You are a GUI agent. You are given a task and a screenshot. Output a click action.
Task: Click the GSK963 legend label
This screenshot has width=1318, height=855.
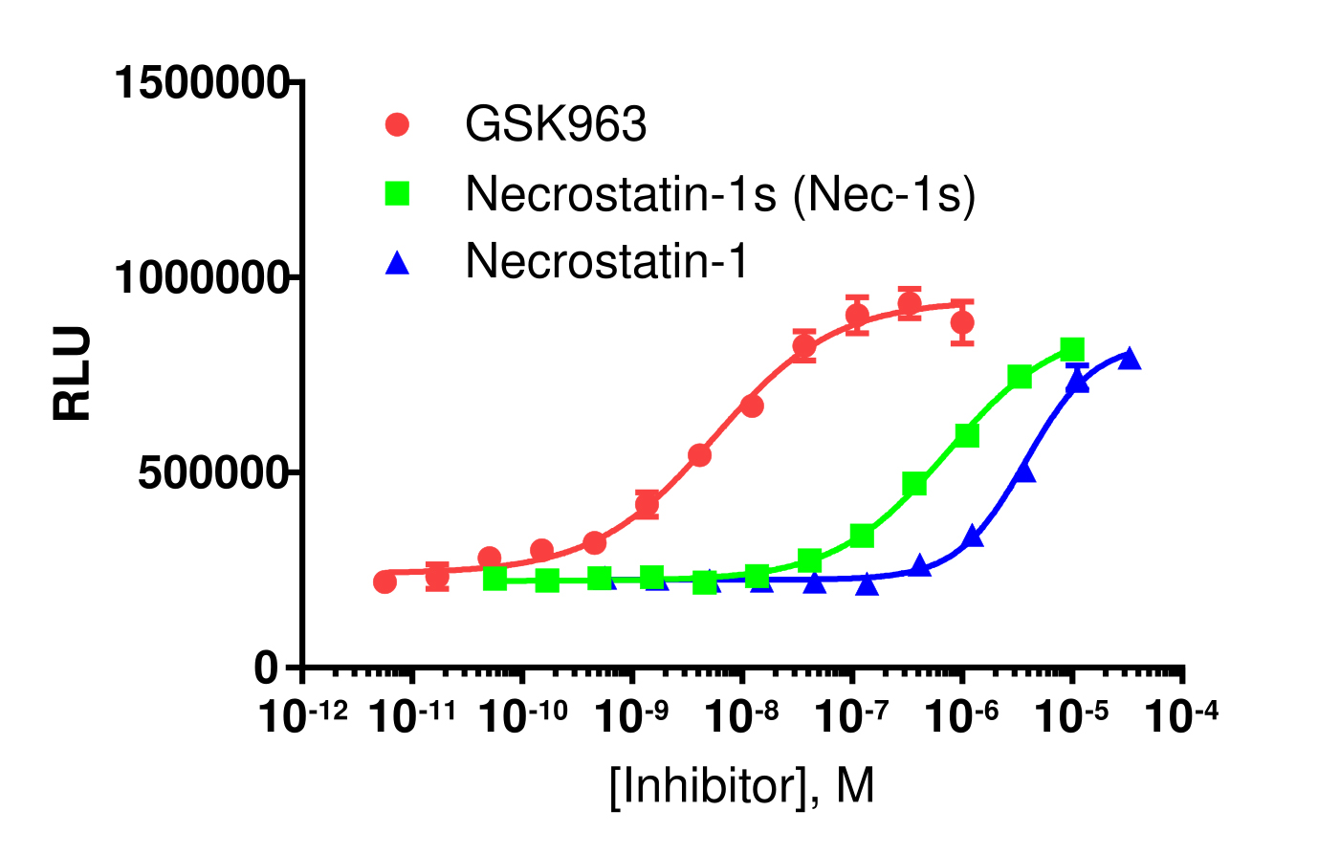556,124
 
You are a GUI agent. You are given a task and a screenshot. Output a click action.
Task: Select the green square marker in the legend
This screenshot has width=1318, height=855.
396,194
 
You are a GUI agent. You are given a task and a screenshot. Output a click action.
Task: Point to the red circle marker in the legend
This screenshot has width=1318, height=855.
396,124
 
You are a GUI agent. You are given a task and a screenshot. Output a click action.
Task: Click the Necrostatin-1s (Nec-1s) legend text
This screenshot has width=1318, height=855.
720,194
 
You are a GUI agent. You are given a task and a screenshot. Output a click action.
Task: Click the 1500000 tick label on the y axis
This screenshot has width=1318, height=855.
201,83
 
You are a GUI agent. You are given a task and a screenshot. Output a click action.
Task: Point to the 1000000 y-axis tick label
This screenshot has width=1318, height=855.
201,278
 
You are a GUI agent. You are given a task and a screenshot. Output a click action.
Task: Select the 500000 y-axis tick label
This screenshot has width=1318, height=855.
213,473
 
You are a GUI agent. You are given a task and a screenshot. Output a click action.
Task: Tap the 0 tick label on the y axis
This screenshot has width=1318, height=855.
267,669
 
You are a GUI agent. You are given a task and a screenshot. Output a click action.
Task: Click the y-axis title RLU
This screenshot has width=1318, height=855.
73,374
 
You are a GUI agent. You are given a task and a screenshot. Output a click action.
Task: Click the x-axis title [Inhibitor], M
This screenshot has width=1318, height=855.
741,787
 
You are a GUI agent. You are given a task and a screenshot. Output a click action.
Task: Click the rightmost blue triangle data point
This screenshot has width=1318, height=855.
1129,359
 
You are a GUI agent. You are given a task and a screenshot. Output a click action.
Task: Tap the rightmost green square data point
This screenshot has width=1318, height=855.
1072,349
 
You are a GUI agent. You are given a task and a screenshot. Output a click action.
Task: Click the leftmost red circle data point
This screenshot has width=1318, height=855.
384,581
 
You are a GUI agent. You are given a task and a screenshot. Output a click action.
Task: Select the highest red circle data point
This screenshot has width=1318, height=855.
910,305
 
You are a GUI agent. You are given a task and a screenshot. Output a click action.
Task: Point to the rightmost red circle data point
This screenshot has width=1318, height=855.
962,322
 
